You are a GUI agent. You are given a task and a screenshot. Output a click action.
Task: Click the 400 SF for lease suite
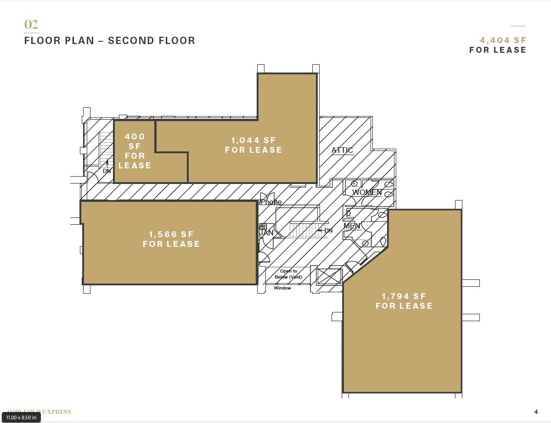point(135,151)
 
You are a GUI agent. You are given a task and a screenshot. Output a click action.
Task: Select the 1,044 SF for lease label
point(253,145)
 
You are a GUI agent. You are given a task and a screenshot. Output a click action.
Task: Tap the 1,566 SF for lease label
point(171,239)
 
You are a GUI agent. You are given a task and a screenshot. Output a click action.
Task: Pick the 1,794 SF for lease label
point(404,301)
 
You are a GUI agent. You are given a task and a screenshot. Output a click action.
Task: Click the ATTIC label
point(342,150)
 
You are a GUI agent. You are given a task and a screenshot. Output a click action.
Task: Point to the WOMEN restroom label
point(366,192)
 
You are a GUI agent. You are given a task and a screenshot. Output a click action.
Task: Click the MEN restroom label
point(352,226)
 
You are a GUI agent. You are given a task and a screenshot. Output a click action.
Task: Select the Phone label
point(271,202)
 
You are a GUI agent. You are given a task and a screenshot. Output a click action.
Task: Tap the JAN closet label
point(266,233)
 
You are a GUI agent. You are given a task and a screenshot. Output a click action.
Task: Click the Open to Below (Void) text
point(288,274)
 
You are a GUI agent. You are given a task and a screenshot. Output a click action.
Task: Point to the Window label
point(282,288)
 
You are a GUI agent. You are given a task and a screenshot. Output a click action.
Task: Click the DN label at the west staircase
point(107,171)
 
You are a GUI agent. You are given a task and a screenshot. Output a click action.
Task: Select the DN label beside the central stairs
point(328,230)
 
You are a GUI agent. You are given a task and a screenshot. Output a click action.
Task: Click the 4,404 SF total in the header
point(503,40)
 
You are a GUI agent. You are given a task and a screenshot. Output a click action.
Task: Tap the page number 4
point(536,412)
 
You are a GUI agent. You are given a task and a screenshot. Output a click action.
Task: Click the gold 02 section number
point(31,24)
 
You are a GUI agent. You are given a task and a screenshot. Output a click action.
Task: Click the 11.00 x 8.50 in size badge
point(21,417)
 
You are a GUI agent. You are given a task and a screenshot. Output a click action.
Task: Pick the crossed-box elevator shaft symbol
point(329,277)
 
